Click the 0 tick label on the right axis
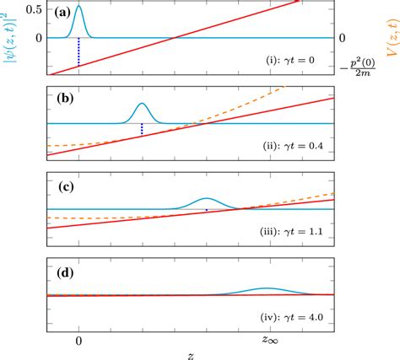coord(342,38)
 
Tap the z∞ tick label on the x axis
coord(269,339)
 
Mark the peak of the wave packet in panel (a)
coord(78,6)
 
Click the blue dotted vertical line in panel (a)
coord(78,52)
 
